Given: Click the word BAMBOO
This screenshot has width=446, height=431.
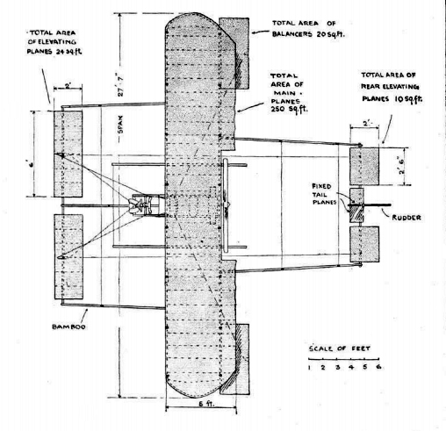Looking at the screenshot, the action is pyautogui.click(x=68, y=327).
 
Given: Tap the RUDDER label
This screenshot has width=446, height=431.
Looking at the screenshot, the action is pyautogui.click(x=406, y=218).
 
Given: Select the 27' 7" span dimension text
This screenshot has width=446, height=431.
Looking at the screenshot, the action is pyautogui.click(x=121, y=86).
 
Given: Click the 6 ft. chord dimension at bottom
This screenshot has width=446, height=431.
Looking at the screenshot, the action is pyautogui.click(x=206, y=403).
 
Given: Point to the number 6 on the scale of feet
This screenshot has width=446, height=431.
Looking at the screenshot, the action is pyautogui.click(x=378, y=367).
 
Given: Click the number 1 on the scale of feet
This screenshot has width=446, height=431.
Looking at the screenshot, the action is pyautogui.click(x=309, y=368).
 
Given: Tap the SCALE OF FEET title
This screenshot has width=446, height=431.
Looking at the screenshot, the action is pyautogui.click(x=340, y=348).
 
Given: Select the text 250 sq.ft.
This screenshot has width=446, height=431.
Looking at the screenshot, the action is pyautogui.click(x=290, y=109).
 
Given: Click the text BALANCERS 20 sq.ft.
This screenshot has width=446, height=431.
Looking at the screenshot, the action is pyautogui.click(x=308, y=34).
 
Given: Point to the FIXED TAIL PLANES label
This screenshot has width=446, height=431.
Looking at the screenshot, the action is pyautogui.click(x=323, y=194).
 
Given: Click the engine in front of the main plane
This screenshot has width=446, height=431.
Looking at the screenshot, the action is pyautogui.click(x=140, y=205).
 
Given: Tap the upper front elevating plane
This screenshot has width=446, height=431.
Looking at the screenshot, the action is pyautogui.click(x=68, y=154).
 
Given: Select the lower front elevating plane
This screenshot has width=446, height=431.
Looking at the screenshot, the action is pyautogui.click(x=68, y=256).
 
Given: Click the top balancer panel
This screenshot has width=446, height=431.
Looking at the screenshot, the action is pyautogui.click(x=234, y=54).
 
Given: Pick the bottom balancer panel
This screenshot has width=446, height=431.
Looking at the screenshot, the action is pyautogui.click(x=234, y=359).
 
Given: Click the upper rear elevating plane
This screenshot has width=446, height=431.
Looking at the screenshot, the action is pyautogui.click(x=364, y=167).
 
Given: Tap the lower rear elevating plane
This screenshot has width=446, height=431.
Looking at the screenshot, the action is pyautogui.click(x=364, y=244).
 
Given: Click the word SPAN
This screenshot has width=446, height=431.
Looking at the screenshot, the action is pyautogui.click(x=120, y=125).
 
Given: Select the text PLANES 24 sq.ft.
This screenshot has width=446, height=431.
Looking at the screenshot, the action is pyautogui.click(x=54, y=51).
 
